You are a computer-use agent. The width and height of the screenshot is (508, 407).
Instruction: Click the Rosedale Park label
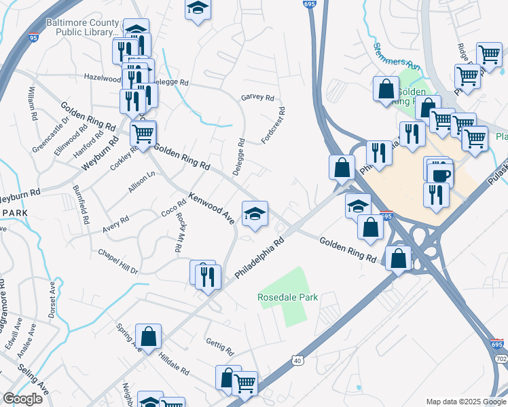288,297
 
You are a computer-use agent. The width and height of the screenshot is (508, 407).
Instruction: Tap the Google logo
22,399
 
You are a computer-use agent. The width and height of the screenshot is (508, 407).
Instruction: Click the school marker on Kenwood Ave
255,214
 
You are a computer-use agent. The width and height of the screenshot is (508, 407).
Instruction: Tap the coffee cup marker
439,174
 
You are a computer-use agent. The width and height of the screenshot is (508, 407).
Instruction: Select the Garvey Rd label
257,98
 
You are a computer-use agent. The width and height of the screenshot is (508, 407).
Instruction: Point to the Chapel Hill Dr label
117,261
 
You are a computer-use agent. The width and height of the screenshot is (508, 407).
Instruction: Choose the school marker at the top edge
198,9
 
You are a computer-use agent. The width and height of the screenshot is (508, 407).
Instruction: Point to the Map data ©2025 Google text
466,402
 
